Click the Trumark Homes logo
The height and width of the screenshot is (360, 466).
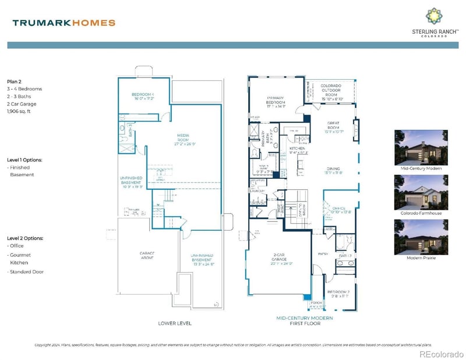tap(63, 23)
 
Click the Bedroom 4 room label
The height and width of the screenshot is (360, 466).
tap(143, 97)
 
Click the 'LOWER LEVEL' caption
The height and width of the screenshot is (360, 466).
tap(175, 323)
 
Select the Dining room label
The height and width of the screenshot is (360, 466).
tap(334, 170)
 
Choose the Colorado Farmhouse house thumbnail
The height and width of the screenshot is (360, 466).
tap(416, 192)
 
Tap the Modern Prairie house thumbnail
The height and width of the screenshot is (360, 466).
tap(416, 237)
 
